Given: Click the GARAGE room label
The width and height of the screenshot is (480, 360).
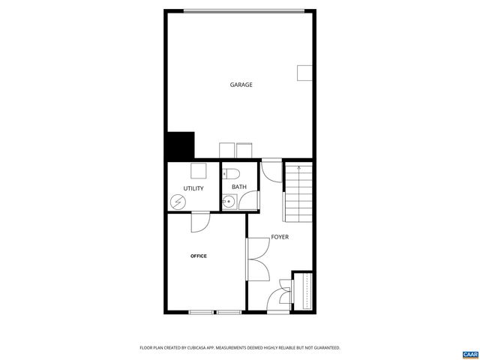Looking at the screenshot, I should [x=241, y=85].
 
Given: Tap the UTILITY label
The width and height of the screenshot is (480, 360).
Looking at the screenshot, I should [x=193, y=188].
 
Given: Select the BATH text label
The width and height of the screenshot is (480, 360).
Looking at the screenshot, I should [x=238, y=187].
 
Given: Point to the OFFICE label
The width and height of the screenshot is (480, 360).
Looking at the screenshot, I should [x=198, y=256].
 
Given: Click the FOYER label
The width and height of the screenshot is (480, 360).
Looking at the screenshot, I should [x=280, y=237].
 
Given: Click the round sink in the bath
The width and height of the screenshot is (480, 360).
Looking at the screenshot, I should [x=228, y=201].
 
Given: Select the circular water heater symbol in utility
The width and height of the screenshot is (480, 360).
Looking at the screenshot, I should [x=178, y=202].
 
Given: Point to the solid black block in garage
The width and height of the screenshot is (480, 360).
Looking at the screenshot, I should [x=180, y=145].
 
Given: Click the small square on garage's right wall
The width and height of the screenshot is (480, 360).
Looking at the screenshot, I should [x=304, y=72].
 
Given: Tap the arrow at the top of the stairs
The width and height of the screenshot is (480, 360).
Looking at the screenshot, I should [x=297, y=169].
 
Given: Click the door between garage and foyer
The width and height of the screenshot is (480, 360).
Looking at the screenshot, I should [x=270, y=171].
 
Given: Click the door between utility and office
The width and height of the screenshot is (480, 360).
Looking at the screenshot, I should [x=201, y=222].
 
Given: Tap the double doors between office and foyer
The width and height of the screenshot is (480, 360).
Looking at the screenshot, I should [x=257, y=259].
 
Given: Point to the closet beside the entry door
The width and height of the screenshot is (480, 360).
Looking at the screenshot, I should [x=304, y=291].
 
